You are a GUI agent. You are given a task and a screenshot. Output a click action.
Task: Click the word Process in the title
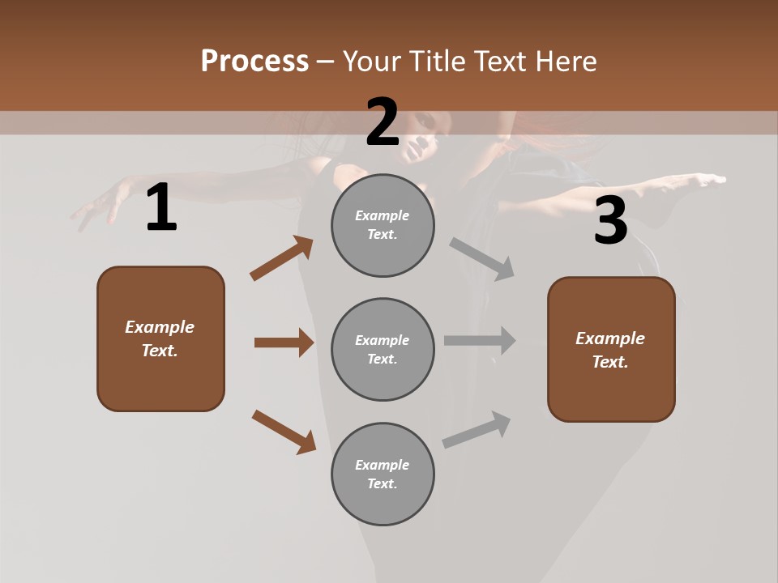[x=254, y=61]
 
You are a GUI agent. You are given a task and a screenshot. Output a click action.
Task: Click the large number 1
[x=161, y=208]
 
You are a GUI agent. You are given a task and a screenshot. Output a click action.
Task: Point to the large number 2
[x=383, y=122]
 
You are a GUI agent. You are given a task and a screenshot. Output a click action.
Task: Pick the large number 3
[x=611, y=221]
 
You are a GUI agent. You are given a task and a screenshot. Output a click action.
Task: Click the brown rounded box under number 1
[x=160, y=338]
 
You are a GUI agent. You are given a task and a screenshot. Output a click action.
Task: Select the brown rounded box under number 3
[x=611, y=350]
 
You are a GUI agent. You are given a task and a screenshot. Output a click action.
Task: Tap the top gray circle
[x=383, y=225]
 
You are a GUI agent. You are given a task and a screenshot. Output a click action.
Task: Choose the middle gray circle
[x=383, y=350]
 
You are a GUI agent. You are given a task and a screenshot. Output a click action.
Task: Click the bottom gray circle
[x=383, y=474]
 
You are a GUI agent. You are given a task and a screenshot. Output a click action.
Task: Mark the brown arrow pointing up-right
[x=282, y=258]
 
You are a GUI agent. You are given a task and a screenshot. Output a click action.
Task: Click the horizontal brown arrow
[x=284, y=343]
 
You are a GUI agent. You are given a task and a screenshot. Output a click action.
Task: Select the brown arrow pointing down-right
[x=284, y=432]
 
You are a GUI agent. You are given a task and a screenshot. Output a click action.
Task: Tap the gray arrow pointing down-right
[x=482, y=259]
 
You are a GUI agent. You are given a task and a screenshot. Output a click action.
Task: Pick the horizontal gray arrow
[x=480, y=341]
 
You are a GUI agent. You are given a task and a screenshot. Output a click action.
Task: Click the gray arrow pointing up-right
[x=477, y=430]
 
